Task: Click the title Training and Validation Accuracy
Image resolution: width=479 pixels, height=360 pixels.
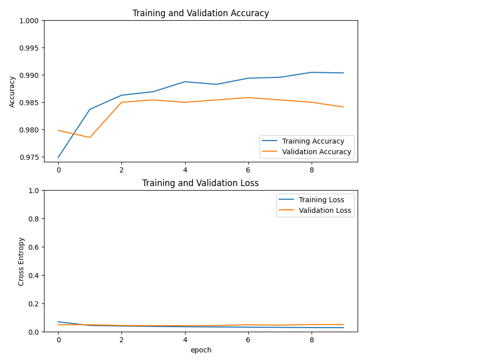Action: tap(200, 13)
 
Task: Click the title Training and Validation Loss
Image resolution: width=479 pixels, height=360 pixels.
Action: tap(200, 183)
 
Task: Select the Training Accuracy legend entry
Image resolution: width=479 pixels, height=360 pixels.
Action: tap(313, 141)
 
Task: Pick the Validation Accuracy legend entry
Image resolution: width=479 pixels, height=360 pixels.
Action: tap(316, 152)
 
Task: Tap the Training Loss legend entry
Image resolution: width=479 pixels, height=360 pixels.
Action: tap(321, 200)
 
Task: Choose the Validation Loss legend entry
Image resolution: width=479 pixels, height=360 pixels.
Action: tap(325, 210)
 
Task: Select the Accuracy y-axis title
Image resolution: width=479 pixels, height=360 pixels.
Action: tap(13, 92)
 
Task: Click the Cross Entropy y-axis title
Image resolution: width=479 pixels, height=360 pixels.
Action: tap(21, 261)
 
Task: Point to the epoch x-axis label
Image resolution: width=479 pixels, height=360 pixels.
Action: tap(201, 350)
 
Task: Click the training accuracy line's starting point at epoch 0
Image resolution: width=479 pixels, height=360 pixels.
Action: tap(58, 157)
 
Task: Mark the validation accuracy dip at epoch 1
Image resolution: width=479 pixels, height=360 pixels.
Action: tap(90, 138)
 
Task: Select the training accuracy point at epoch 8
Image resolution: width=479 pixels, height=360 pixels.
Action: tap(312, 72)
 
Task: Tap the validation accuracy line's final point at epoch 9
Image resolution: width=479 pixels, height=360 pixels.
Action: tap(343, 107)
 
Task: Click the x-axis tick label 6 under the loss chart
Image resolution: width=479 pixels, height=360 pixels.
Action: tap(248, 340)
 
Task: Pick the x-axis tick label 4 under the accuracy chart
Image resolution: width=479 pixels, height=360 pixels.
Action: tap(185, 170)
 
